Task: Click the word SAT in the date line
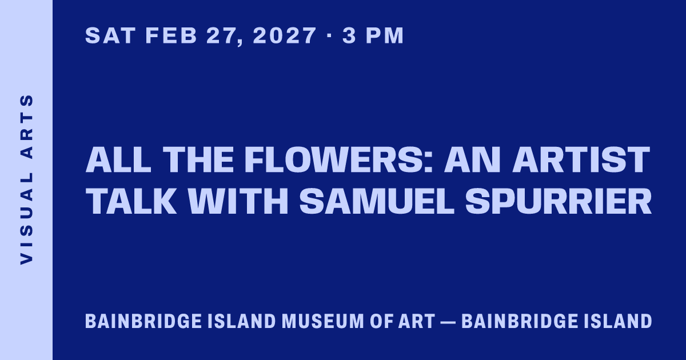point(110,35)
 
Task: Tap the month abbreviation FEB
point(171,35)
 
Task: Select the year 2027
point(285,35)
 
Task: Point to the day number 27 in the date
point(225,37)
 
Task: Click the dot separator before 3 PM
point(329,35)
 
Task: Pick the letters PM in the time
point(385,35)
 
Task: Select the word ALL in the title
point(118,159)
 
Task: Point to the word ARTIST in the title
point(581,159)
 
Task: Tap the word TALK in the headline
point(131,201)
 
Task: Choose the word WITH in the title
point(238,201)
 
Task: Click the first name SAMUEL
point(377,201)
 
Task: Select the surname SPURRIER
point(559,201)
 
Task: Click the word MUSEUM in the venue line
point(323,321)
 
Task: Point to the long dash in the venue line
point(448,322)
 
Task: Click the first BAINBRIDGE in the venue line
point(143,321)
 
